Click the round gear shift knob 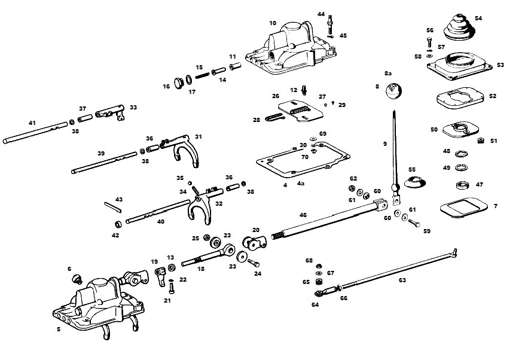tap(393, 91)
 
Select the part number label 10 tap(273, 23)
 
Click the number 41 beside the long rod tap(32, 123)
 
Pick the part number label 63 tap(402, 280)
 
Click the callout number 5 tap(59, 330)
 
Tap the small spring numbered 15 tap(202, 75)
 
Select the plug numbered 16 tap(179, 83)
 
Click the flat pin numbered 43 tap(113, 207)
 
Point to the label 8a tap(388, 74)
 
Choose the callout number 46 tap(303, 215)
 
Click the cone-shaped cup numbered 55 tap(415, 181)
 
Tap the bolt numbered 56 tap(429, 42)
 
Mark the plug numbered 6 tap(78, 279)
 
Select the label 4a tap(301, 183)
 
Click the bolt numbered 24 tap(254, 263)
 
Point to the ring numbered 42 tap(118, 223)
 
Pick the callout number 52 tap(493, 96)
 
